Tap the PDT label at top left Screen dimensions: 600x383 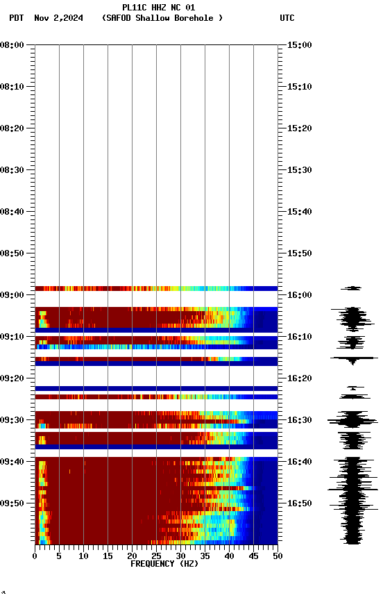point(17,18)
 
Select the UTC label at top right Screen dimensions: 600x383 point(287,18)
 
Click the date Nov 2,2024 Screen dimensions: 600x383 point(58,18)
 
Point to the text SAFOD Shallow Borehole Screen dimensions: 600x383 point(162,18)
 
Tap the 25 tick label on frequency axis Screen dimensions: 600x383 point(156,556)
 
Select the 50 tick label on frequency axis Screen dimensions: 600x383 point(278,556)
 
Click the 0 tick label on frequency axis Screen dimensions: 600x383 point(35,556)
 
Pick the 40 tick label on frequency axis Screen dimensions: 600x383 point(229,556)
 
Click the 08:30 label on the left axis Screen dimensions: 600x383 point(13,170)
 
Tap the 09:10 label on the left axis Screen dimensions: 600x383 point(13,337)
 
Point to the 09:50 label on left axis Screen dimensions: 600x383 point(13,503)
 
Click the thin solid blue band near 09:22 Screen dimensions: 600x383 point(156,388)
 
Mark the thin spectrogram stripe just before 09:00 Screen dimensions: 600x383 point(156,288)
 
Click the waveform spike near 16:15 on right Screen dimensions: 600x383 point(353,358)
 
